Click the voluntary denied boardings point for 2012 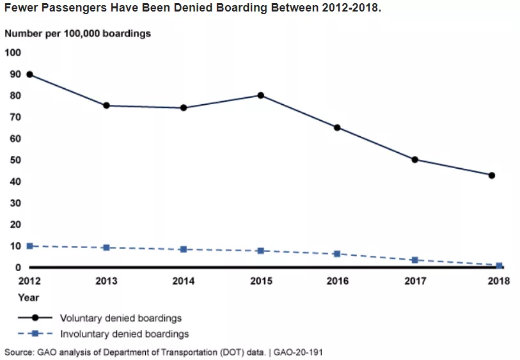(29, 74)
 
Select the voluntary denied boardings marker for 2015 (261, 95)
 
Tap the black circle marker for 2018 (492, 175)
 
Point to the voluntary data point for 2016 (337, 127)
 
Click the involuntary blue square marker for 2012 (29, 246)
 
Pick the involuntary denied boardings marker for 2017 (414, 260)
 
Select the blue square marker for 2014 (183, 249)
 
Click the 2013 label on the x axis (106, 281)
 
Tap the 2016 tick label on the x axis (337, 281)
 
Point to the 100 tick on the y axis (13, 52)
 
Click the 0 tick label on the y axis (19, 267)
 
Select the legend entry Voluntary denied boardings (121, 318)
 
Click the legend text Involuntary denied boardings (124, 334)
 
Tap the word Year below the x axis (28, 297)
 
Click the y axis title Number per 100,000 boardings (77, 33)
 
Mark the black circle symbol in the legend (36, 318)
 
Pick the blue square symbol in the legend (36, 334)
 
